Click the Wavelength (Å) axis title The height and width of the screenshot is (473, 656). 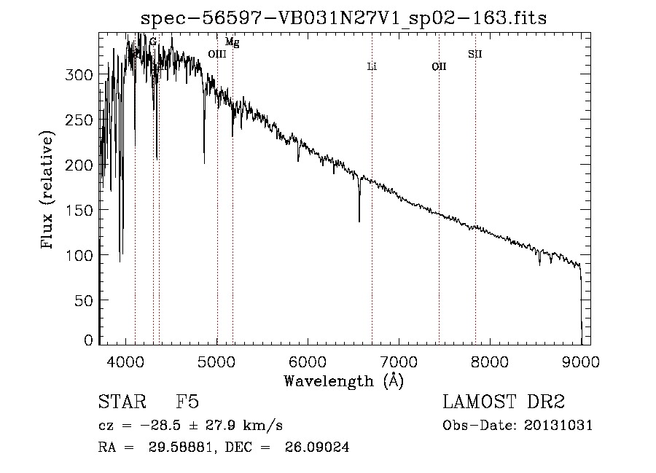(x=343, y=380)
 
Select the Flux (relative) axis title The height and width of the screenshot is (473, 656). (x=49, y=191)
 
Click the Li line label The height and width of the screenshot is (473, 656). (x=372, y=67)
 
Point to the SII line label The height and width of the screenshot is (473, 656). (x=475, y=54)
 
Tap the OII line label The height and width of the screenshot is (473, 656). (x=439, y=67)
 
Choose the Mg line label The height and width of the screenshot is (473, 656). (x=232, y=43)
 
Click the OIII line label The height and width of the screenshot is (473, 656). (x=217, y=54)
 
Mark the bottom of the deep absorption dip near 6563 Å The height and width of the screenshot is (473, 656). (x=359, y=221)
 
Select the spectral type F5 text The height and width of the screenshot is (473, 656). (x=187, y=402)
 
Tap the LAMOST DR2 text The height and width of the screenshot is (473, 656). (x=504, y=402)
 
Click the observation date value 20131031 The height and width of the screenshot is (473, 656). (x=558, y=426)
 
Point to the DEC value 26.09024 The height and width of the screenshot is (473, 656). (x=319, y=447)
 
